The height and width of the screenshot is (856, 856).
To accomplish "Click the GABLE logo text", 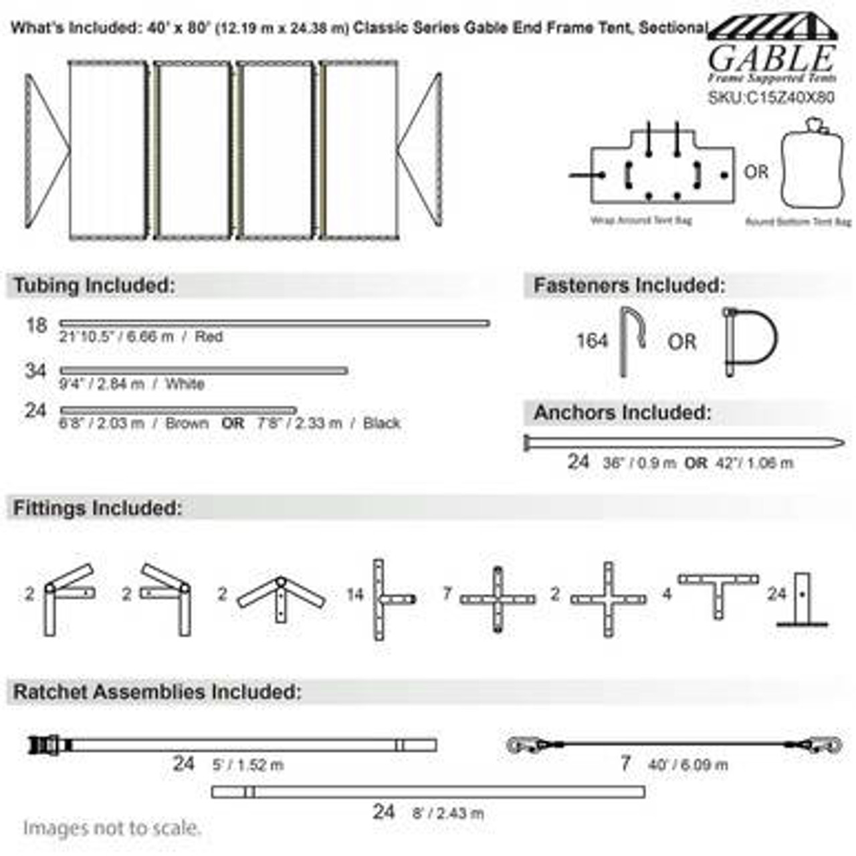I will point(771,60).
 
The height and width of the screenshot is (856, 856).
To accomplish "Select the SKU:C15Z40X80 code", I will point(771,98).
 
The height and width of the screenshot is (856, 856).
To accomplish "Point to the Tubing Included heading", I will point(94,286).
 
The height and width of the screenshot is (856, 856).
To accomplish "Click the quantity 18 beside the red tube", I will point(36,326).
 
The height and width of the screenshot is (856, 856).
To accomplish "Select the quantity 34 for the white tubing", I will point(35,370).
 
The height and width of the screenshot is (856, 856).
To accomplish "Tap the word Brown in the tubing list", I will point(187,423).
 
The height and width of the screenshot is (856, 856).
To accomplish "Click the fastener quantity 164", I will point(592,341).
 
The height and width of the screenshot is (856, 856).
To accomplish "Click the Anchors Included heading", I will point(622,413).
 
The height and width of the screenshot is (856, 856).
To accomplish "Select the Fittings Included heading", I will point(98,508).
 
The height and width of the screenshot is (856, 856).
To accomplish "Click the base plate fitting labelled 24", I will point(802,600).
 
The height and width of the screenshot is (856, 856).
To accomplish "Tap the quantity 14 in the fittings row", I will point(354,594).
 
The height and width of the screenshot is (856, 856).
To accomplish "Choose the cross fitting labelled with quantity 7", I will point(498,600).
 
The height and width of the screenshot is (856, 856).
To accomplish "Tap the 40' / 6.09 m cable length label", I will point(687,765).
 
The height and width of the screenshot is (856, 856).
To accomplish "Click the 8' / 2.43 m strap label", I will point(447,813).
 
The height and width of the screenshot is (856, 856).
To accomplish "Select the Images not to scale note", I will point(112,828).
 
